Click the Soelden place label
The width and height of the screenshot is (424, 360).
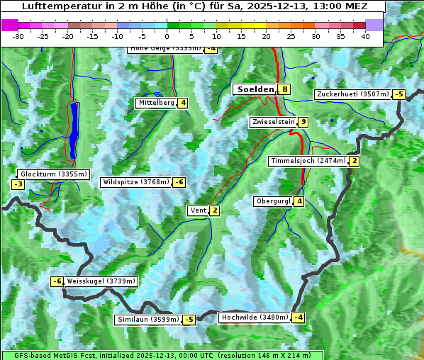coord(255,89)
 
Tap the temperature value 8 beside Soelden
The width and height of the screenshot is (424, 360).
coord(284,89)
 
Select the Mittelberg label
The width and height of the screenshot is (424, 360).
coord(157,103)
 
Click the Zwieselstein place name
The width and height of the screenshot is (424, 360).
coord(273,122)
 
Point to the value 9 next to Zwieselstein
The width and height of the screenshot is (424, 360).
coord(303,122)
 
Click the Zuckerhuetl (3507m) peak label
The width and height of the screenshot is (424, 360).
coord(353,94)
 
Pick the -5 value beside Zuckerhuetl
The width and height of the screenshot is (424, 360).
coord(399,94)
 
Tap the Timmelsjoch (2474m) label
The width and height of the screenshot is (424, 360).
coord(308,161)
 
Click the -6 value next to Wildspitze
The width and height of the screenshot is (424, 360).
coord(179,182)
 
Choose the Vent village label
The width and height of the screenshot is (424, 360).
coord(198,210)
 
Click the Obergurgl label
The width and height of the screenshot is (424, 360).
coord(273,201)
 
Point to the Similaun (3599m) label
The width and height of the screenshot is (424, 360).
coord(147,320)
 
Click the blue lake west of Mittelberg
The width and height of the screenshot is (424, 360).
coord(74,131)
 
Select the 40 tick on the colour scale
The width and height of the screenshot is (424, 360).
coord(365,36)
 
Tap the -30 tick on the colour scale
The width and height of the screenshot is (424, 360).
coord(18,36)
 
